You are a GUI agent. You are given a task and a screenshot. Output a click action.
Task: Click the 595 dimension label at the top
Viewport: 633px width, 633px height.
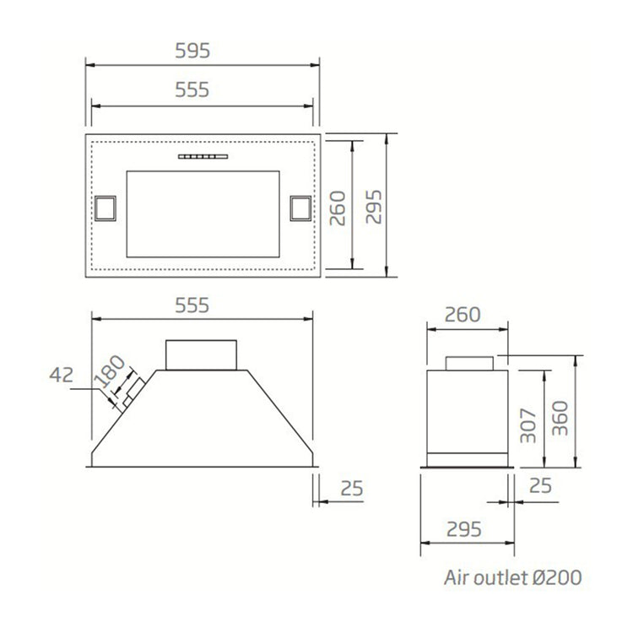192,51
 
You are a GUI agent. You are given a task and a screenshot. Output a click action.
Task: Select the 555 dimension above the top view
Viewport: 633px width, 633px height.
192,89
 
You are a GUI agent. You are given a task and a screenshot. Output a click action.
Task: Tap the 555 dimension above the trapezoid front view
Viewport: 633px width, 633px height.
192,306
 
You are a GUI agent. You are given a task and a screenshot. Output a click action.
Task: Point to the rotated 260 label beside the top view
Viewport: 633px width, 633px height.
338,208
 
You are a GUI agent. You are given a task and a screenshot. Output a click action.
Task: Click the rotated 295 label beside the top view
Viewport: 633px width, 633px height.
374,207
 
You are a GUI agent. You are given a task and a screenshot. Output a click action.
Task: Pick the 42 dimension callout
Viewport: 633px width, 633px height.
62,375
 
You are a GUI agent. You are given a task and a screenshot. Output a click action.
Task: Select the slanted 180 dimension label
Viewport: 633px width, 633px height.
110,371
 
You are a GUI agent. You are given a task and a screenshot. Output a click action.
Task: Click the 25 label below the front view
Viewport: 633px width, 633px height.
352,489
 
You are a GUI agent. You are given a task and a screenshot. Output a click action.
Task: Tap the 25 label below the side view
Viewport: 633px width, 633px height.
540,485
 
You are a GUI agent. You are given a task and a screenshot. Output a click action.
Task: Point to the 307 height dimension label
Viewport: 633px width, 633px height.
528,426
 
